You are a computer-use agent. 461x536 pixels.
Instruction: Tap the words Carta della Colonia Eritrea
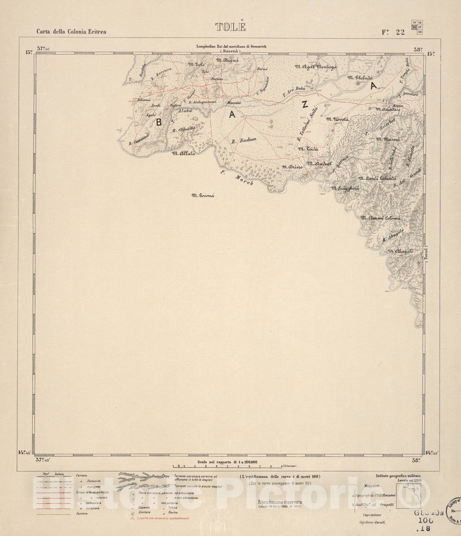tap(71, 32)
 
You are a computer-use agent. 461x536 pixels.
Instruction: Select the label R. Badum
tap(244, 141)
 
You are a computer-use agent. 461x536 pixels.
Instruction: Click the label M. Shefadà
tap(360, 78)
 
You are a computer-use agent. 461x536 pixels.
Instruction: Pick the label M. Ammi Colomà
tap(381, 218)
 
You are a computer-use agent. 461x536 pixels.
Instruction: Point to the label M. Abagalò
tap(400, 251)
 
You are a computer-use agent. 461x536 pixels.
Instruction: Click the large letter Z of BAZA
tap(304, 105)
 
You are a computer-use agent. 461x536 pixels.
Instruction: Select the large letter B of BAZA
tap(158, 122)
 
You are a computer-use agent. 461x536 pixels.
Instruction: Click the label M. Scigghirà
tap(345, 189)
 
